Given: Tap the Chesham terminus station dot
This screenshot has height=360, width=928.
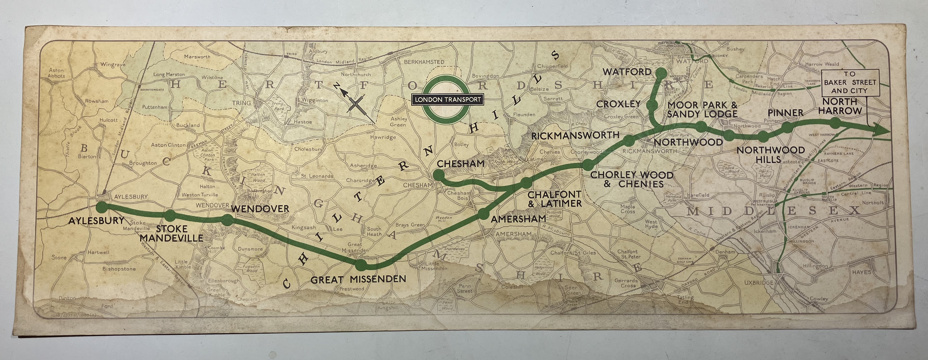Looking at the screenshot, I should pyautogui.click(x=439, y=176).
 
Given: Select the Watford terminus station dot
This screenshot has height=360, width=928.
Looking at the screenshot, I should pyautogui.click(x=661, y=73).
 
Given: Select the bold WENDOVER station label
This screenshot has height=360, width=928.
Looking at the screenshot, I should pyautogui.click(x=260, y=208).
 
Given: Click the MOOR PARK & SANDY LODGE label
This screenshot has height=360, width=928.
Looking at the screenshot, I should pyautogui.click(x=702, y=110).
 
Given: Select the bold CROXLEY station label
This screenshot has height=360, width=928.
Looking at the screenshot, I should pyautogui.click(x=618, y=104).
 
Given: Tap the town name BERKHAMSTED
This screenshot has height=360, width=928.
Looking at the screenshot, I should pyautogui.click(x=424, y=62).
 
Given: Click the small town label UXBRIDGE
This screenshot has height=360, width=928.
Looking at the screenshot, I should pyautogui.click(x=759, y=283).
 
